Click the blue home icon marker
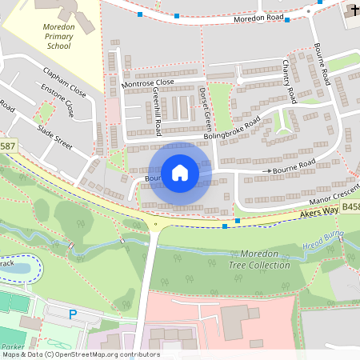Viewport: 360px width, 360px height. point(180,172)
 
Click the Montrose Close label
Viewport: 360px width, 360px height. point(147,82)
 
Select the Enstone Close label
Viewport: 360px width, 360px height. point(62,102)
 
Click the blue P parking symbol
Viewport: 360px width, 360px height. point(73,315)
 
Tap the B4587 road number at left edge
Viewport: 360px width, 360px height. point(7,146)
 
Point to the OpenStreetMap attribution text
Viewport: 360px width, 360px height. point(81,354)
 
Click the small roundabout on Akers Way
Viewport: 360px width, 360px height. point(154,225)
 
